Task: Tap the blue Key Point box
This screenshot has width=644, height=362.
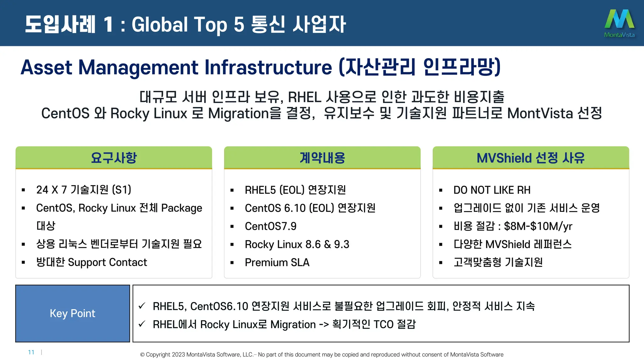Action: (73, 313)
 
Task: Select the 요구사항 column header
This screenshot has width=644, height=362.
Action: (114, 158)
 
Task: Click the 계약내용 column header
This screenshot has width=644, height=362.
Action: (322, 158)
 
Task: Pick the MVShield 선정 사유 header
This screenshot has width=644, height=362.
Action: (531, 158)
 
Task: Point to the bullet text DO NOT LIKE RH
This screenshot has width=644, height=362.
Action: (492, 190)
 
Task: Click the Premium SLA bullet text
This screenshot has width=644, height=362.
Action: (277, 262)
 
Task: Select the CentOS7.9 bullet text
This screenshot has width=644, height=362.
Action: (270, 226)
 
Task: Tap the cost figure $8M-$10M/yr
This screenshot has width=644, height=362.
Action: (538, 226)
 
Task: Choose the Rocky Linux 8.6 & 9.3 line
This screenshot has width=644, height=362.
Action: (297, 244)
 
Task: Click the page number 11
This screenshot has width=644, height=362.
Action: (31, 352)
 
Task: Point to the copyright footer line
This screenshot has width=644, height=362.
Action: (322, 354)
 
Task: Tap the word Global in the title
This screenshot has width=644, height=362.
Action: (160, 25)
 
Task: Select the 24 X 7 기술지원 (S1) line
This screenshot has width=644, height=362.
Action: (84, 190)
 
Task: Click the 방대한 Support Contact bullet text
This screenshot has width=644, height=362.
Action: (92, 262)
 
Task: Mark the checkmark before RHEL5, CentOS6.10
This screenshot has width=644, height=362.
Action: (142, 306)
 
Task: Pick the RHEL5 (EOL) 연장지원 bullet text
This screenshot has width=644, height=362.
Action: (295, 190)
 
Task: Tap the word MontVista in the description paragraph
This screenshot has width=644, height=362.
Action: (540, 113)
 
